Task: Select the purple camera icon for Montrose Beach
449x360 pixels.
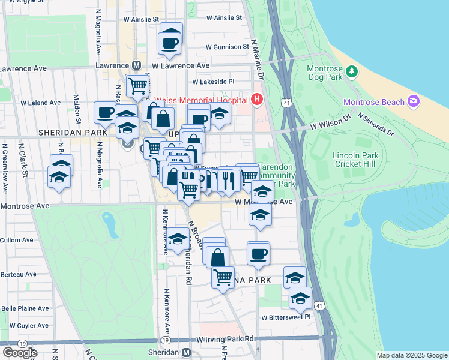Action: click(413, 101)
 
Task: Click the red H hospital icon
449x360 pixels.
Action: click(258, 99)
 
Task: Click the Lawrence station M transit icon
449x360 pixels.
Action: click(137, 65)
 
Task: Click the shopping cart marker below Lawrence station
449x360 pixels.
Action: click(137, 87)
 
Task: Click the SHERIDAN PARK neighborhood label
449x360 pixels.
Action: click(67, 131)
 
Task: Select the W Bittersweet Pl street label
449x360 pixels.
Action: click(285, 317)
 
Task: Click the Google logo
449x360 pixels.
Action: click(20, 352)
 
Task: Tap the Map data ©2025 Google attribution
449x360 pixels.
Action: click(411, 355)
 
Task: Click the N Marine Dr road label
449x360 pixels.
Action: click(258, 60)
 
